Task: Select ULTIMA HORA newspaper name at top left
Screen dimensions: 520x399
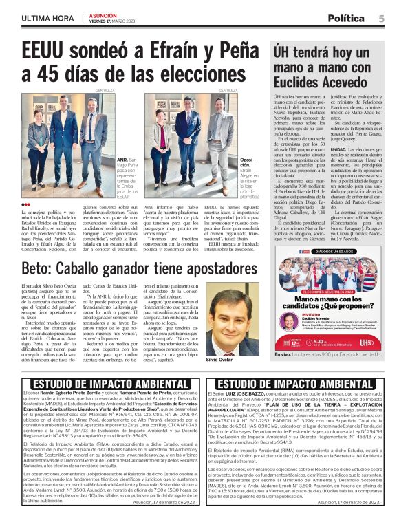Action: (47, 18)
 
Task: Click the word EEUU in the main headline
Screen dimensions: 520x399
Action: (47, 53)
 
